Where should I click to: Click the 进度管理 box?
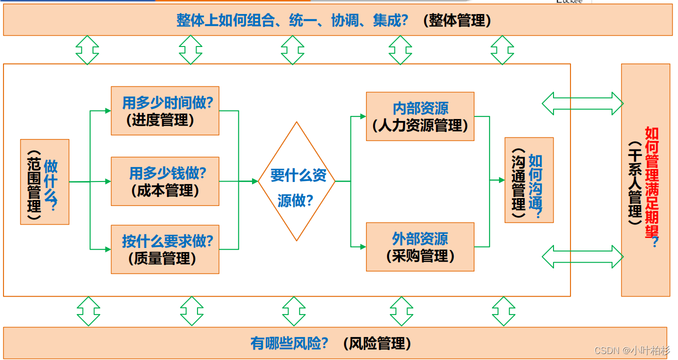164,111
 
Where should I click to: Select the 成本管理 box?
164,181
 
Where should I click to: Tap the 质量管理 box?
164,249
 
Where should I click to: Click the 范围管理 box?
44,182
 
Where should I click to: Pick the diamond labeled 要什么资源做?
297,181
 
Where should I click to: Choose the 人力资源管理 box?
420,116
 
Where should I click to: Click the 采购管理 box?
420,247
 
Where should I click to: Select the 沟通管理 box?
529,180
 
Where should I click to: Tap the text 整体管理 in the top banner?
457,20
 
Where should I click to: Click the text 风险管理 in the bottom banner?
377,343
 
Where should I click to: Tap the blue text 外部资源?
420,238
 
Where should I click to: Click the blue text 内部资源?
420,108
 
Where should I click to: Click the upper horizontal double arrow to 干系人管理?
582,103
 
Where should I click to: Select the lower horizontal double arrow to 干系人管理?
582,256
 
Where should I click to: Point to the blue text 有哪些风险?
289,343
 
